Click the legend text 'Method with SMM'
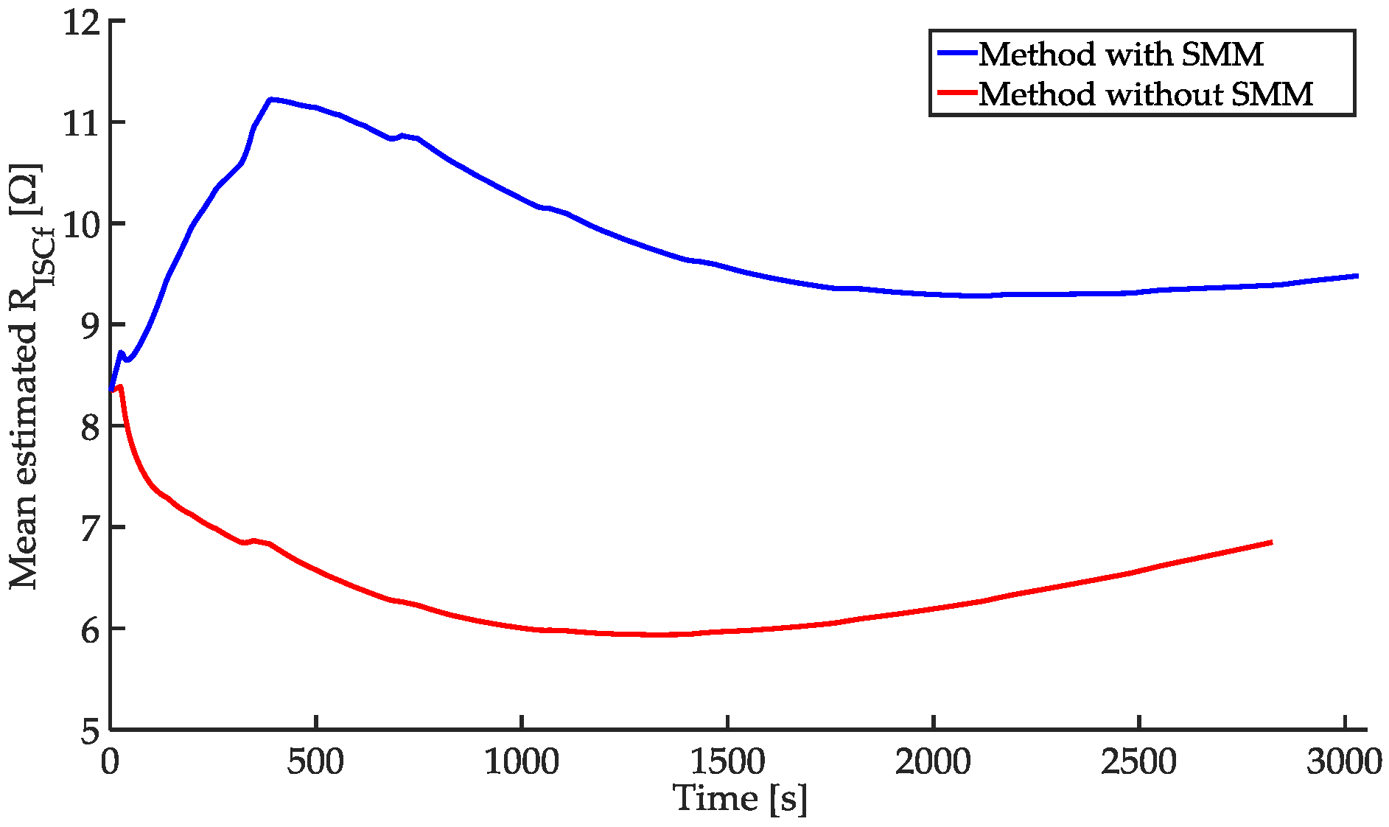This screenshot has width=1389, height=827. pos(1120,55)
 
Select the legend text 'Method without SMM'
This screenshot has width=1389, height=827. pos(1146,94)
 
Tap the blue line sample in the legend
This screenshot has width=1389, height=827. pos(956,53)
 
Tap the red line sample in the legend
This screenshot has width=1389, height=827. pos(956,93)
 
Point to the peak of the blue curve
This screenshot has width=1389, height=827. pos(272,99)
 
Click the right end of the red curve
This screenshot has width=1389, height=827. pos(1271,542)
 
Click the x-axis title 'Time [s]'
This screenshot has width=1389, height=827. pos(740,799)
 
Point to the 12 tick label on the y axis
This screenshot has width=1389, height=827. pos(81,22)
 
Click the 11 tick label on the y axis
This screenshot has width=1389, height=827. pos(81,123)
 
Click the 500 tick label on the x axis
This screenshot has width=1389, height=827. pos(315,762)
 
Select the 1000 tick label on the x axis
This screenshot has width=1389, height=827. pos(521,762)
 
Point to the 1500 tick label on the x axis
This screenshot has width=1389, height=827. pos(727,762)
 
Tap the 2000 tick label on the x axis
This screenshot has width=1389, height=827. pos(933,762)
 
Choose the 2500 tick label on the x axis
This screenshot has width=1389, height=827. pos(1138,762)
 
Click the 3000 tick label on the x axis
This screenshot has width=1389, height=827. pos(1344,762)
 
